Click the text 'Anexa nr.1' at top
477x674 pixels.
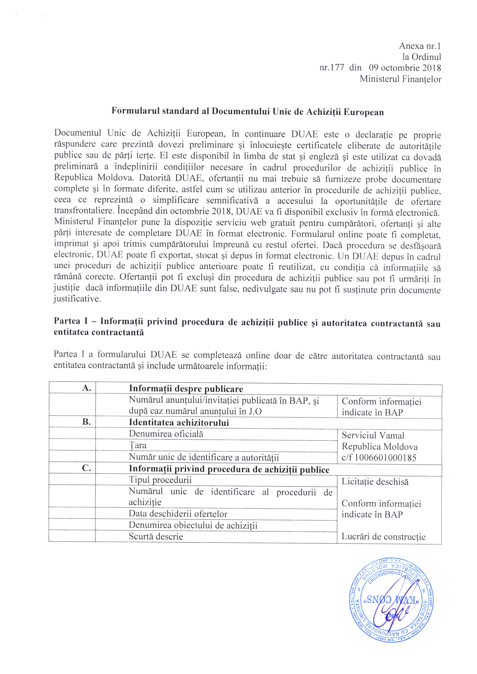(x=420, y=46)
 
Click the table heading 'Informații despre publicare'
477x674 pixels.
(x=186, y=389)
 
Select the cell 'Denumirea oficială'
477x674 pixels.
(x=166, y=434)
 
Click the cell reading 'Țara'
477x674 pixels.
(x=138, y=445)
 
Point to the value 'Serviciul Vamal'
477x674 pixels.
(x=373, y=435)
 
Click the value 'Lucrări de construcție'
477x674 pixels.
(x=383, y=537)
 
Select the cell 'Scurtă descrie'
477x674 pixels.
(x=156, y=536)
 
